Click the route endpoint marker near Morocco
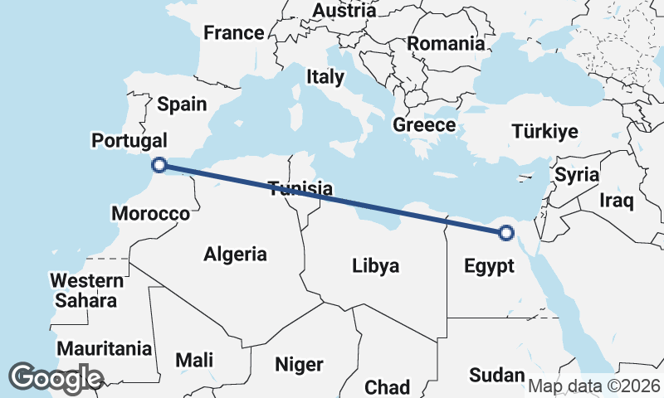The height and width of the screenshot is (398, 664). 160,165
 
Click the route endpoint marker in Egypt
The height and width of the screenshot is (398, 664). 506,233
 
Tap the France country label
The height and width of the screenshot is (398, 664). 234,34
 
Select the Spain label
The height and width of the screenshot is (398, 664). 182,104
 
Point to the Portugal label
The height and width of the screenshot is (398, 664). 129,141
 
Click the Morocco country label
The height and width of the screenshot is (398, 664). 150,213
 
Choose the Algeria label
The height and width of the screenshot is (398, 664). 236,254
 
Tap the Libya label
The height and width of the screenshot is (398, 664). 376,266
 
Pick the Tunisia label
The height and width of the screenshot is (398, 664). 300,189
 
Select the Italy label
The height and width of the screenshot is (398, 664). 325,77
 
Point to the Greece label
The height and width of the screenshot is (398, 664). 424,125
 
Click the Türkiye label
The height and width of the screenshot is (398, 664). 544,132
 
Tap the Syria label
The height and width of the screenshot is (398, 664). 577,175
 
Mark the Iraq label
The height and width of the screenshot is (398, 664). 617,201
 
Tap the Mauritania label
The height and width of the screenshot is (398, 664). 105,348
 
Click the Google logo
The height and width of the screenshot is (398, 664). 55,378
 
